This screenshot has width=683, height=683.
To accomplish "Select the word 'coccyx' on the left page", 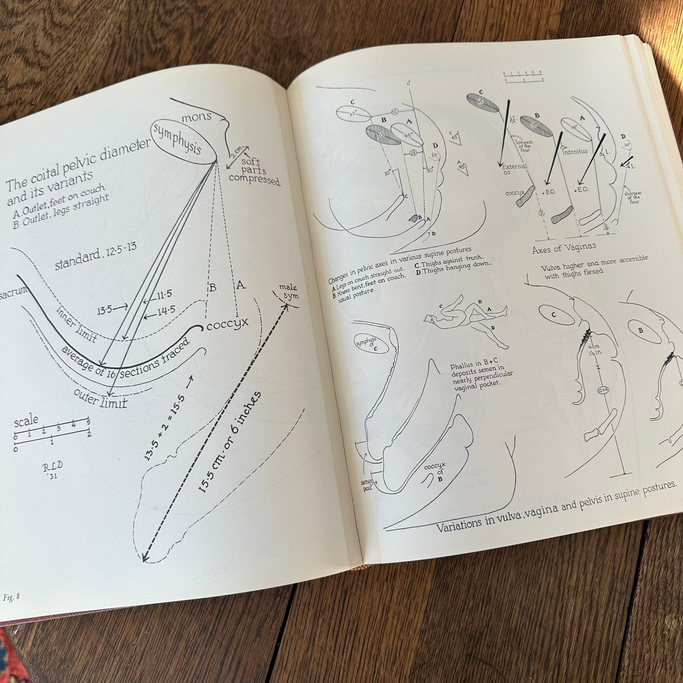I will pos(227,324).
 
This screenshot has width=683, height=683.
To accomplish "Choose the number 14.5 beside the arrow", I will pos(167,310).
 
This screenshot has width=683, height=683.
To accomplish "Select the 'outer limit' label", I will pos(101,398).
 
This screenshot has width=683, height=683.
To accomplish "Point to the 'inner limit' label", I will pos(77,324).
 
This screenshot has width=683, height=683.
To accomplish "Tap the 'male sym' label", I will pos(288,291).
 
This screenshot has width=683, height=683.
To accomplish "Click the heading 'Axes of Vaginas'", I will pos(563,248).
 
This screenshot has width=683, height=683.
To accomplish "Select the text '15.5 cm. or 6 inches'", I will pos(230,442).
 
